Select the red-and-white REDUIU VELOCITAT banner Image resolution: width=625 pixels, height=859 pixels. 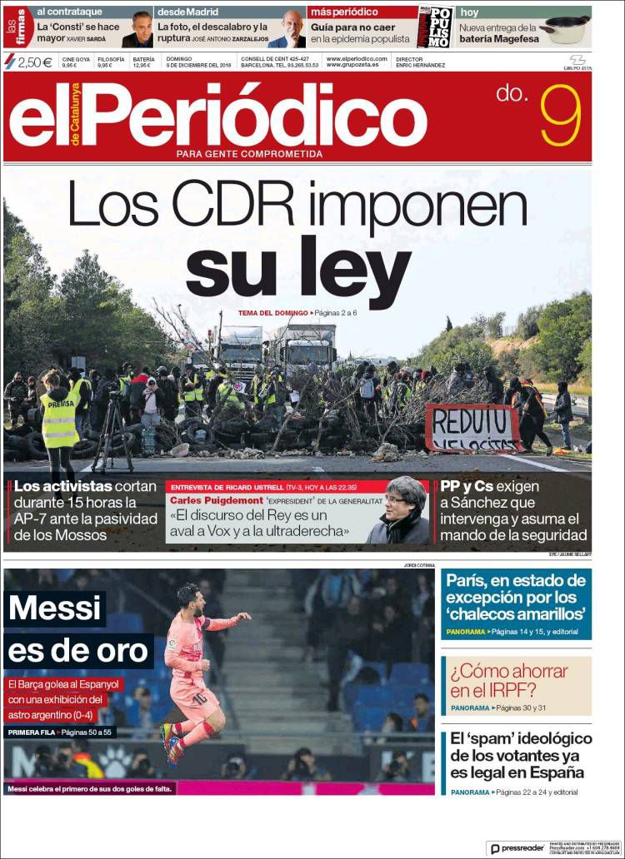tap(472, 427)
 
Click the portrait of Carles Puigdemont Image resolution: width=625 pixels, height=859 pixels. tap(399, 510)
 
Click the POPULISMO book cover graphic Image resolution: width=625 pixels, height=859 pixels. tap(435, 27)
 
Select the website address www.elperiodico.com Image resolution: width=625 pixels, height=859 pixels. tap(357, 59)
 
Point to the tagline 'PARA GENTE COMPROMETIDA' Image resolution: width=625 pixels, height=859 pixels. tap(249, 154)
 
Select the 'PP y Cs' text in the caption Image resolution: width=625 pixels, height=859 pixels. tap(471, 487)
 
